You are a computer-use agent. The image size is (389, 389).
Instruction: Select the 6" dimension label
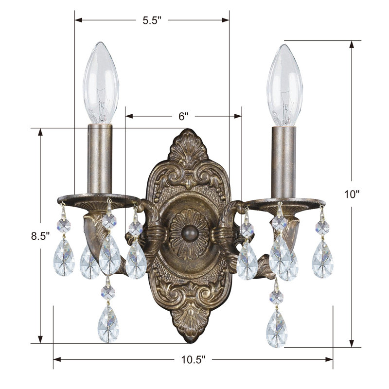coord(183,116)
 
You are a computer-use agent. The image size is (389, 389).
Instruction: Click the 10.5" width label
coord(193,360)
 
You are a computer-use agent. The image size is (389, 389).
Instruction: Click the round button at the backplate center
coord(188,230)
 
